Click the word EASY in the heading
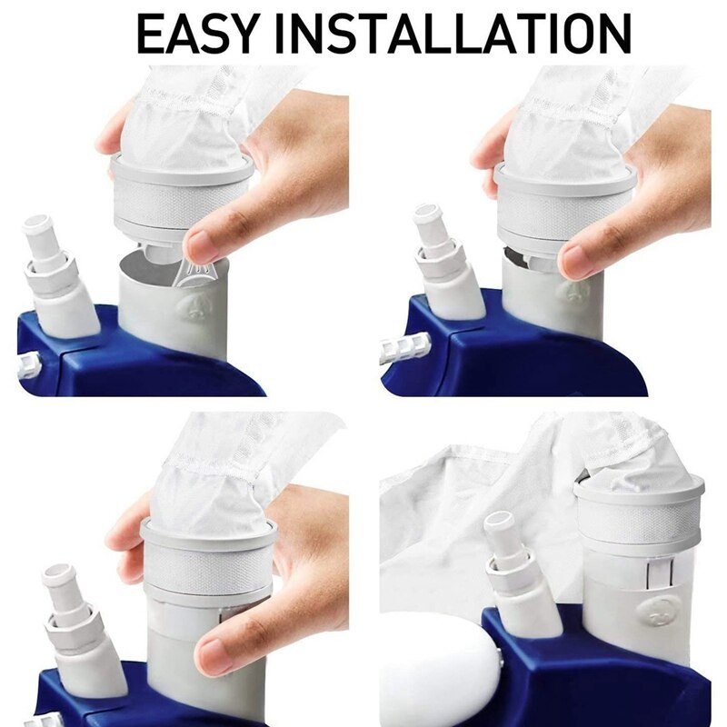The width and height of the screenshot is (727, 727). (x=197, y=34)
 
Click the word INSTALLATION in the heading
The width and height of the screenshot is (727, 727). (x=453, y=34)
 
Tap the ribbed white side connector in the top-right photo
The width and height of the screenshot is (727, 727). (x=405, y=345)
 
